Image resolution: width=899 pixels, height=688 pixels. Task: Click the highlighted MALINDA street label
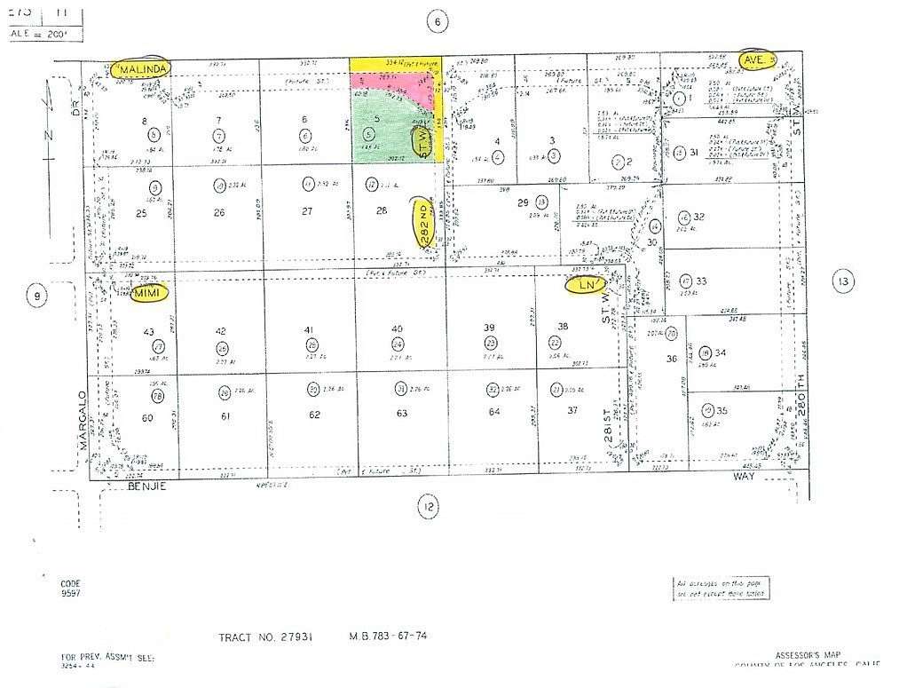[142, 68]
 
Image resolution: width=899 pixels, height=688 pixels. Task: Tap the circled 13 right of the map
[843, 282]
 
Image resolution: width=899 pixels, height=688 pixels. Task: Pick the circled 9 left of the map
[35, 297]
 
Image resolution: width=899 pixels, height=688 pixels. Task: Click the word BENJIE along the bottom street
[147, 487]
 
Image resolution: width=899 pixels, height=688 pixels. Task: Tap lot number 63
[402, 413]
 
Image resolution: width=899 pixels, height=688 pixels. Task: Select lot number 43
[148, 332]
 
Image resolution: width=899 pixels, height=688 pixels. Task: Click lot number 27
[307, 211]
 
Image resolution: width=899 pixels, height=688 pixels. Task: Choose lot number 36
[672, 359]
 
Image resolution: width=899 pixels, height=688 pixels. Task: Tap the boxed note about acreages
[720, 588]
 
